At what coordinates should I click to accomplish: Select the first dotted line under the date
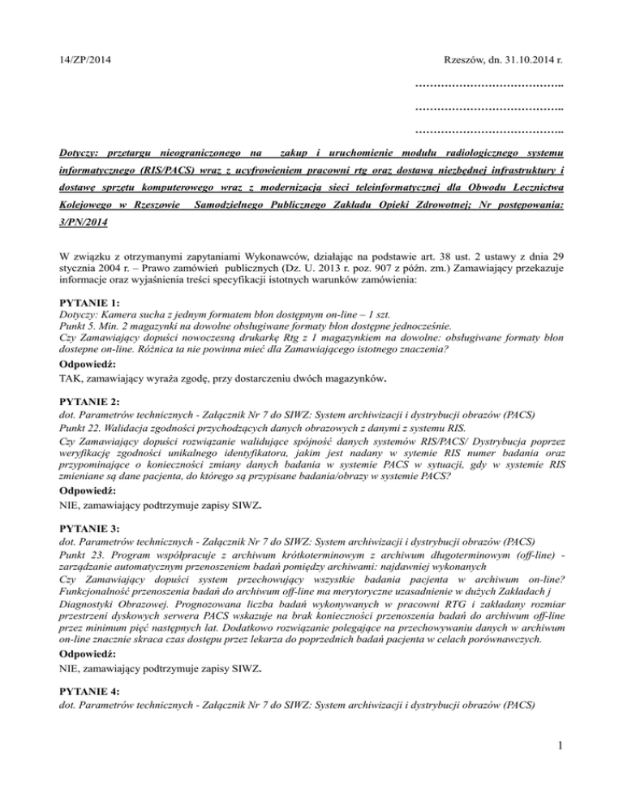(489, 85)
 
